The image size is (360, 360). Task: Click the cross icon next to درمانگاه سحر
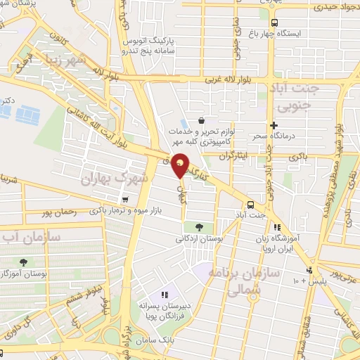coord(274,125)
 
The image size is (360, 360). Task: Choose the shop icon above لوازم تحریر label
coord(202,120)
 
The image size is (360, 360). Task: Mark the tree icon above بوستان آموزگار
coord(25,262)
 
